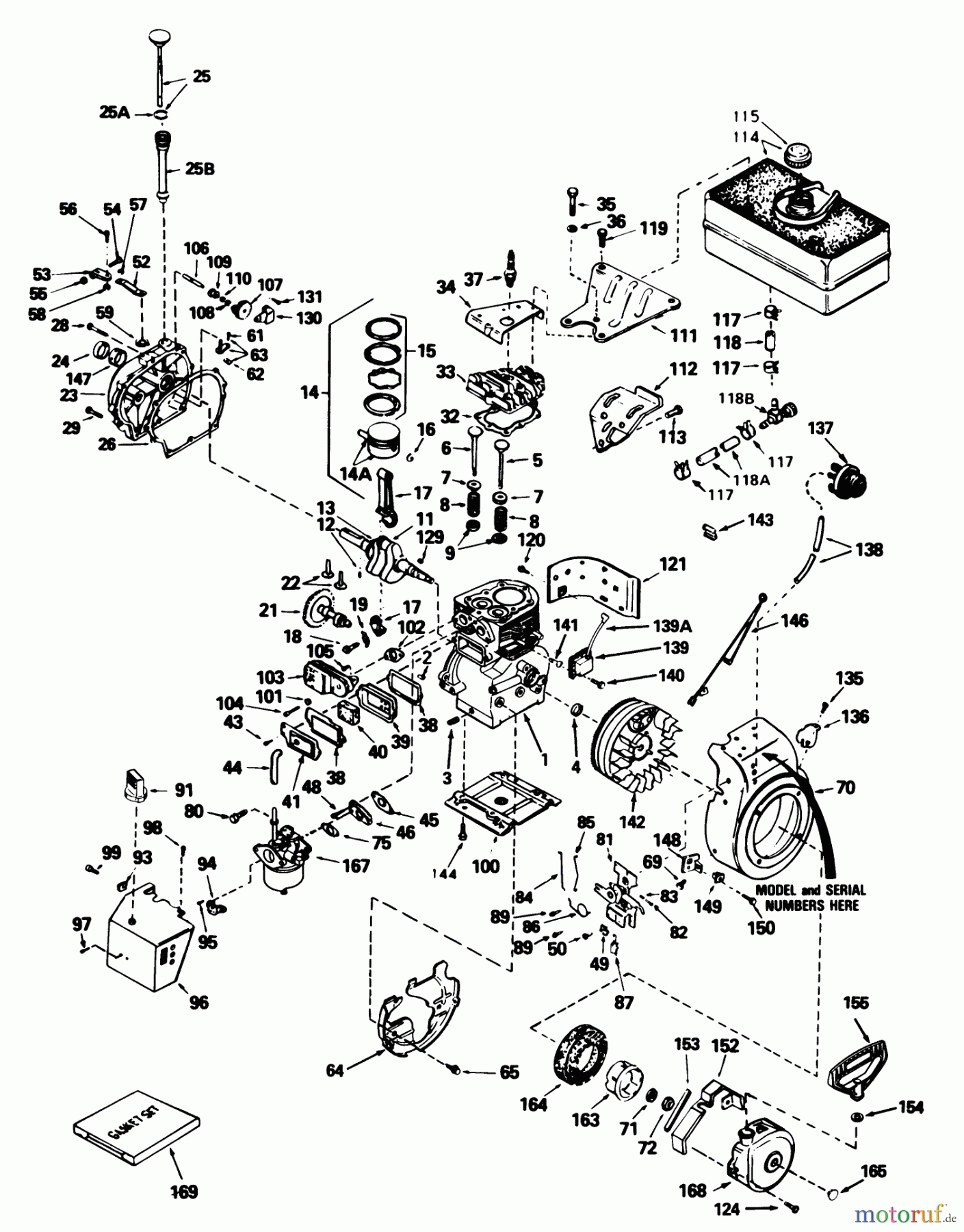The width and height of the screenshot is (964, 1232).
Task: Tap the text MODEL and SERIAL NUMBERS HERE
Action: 810,897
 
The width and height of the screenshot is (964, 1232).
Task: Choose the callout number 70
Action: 846,788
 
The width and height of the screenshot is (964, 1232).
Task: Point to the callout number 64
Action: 335,1070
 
